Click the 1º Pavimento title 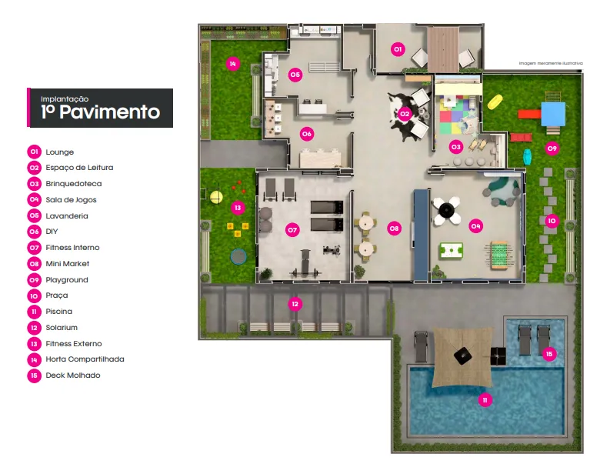point(101,112)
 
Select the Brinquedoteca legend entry point(73,184)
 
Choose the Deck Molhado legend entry point(73,376)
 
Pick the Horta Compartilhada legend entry point(84,359)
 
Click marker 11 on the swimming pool point(485,399)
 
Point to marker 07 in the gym point(292,229)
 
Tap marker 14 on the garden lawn point(232,63)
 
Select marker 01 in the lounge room point(397,49)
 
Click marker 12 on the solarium point(295,304)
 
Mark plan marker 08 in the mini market point(394,229)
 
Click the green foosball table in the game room point(451,251)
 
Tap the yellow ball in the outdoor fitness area point(216,198)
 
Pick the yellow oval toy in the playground point(496,102)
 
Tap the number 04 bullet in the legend point(34,200)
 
